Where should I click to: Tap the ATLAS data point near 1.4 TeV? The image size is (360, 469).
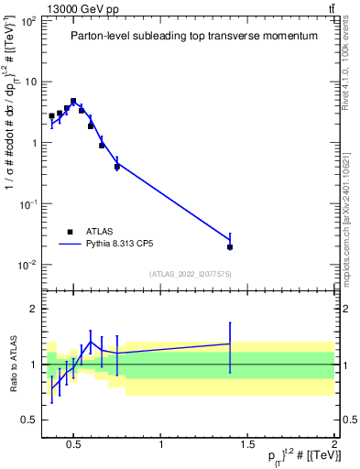tap(230, 246)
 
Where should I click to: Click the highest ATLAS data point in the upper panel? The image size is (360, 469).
tap(73, 102)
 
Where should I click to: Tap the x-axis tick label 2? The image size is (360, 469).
tap(333, 445)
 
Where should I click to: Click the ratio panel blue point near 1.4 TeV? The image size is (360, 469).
tap(230, 344)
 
